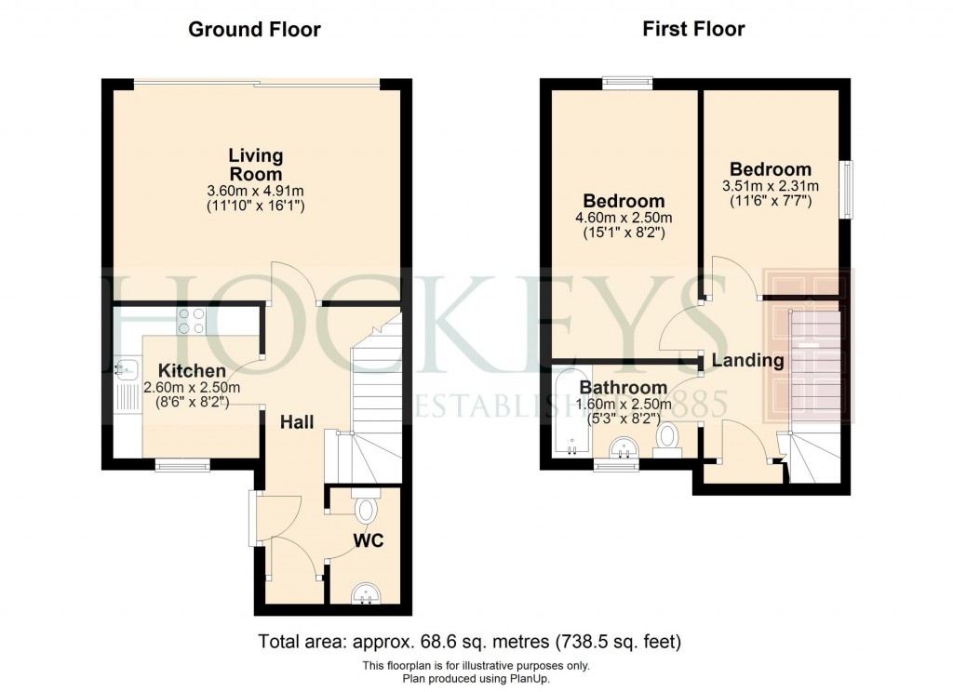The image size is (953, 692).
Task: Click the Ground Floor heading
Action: [254, 30]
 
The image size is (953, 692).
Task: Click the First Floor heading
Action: [693, 30]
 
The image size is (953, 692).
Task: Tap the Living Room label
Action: [255, 165]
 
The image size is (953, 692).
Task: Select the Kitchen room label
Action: [191, 371]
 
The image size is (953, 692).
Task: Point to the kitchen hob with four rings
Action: [192, 321]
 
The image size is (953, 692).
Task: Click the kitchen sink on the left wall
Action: [124, 371]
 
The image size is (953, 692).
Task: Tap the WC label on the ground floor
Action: [369, 539]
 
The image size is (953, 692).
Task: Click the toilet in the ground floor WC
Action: [366, 510]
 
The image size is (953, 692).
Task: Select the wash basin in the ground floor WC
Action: [369, 592]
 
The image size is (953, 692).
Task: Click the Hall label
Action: [297, 422]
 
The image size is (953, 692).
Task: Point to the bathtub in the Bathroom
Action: [565, 415]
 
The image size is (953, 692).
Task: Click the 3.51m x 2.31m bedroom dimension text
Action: [770, 185]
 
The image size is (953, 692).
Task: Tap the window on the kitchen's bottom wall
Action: [182, 465]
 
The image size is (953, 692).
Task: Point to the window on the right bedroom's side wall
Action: [846, 190]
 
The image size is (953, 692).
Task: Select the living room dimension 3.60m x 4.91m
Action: [255, 191]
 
